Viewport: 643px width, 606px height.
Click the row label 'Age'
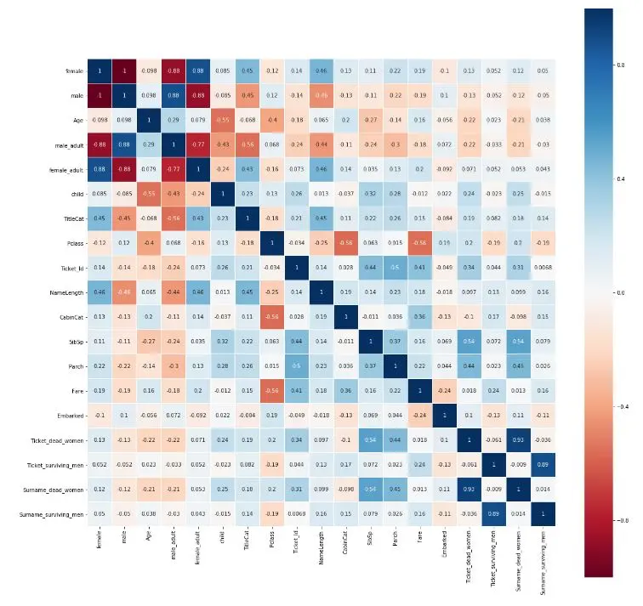pos(78,117)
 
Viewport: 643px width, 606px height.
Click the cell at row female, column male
pos(125,71)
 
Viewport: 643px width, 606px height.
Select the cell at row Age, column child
pos(224,117)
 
